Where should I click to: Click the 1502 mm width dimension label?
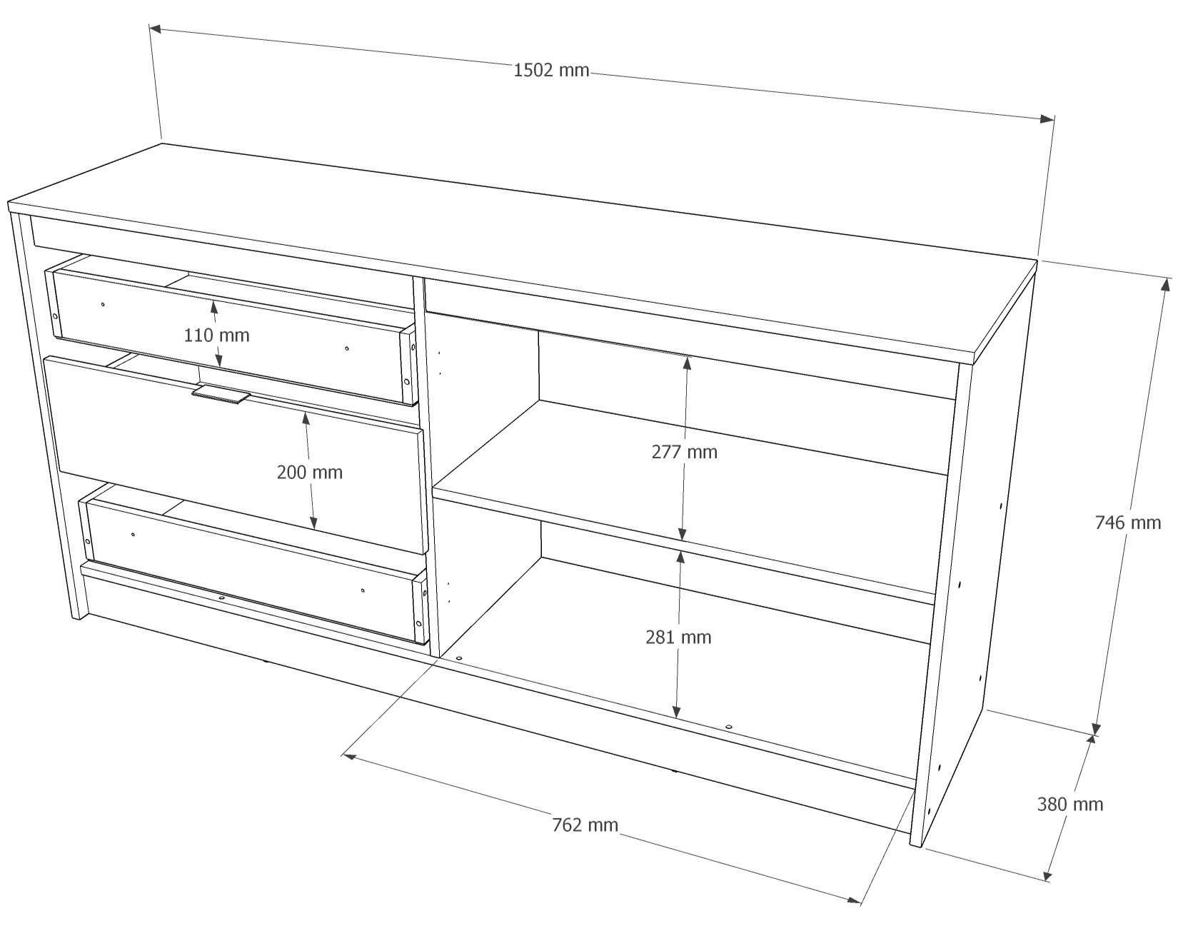(550, 71)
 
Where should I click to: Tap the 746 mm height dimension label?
(1127, 523)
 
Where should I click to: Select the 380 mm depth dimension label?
(1070, 804)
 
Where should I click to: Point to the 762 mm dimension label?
(585, 825)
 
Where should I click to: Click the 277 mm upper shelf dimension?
(684, 452)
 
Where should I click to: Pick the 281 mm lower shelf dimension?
(678, 637)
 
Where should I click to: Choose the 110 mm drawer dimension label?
(216, 335)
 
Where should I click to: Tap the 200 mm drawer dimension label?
(310, 472)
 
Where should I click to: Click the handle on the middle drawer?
(221, 393)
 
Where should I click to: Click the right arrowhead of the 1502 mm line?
(1047, 119)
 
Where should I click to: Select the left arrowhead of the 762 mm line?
(348, 755)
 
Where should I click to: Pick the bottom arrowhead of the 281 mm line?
(676, 711)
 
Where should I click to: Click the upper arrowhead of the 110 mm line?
(214, 307)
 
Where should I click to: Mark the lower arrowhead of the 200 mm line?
(313, 522)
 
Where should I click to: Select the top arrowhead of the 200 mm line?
(306, 419)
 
